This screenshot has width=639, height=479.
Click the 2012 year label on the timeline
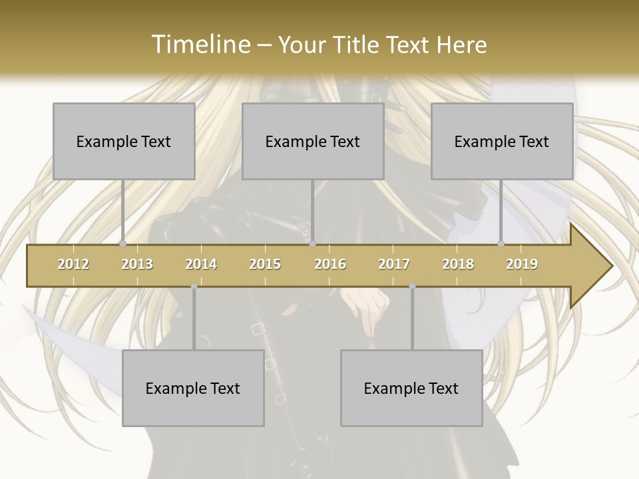click(x=73, y=264)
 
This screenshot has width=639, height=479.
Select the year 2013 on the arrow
click(x=137, y=264)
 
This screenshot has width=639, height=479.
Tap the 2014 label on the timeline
click(x=201, y=264)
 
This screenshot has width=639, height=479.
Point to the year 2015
click(x=265, y=264)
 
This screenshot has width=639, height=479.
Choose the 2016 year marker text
click(x=330, y=264)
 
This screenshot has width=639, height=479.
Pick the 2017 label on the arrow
click(x=394, y=264)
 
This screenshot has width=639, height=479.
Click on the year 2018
click(x=458, y=264)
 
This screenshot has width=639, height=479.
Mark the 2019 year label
click(x=522, y=264)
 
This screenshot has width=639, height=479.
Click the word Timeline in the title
click(x=200, y=45)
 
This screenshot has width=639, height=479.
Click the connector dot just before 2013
click(x=122, y=244)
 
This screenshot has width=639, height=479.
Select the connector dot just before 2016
click(x=312, y=244)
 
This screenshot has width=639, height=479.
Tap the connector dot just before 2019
click(x=501, y=244)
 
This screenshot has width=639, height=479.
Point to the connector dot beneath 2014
click(x=194, y=286)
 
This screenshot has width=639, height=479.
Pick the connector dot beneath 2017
click(x=412, y=286)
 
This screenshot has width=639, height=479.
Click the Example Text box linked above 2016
click(x=313, y=141)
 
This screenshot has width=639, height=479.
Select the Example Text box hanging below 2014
click(x=193, y=388)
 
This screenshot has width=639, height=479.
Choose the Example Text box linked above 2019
click(x=502, y=141)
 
